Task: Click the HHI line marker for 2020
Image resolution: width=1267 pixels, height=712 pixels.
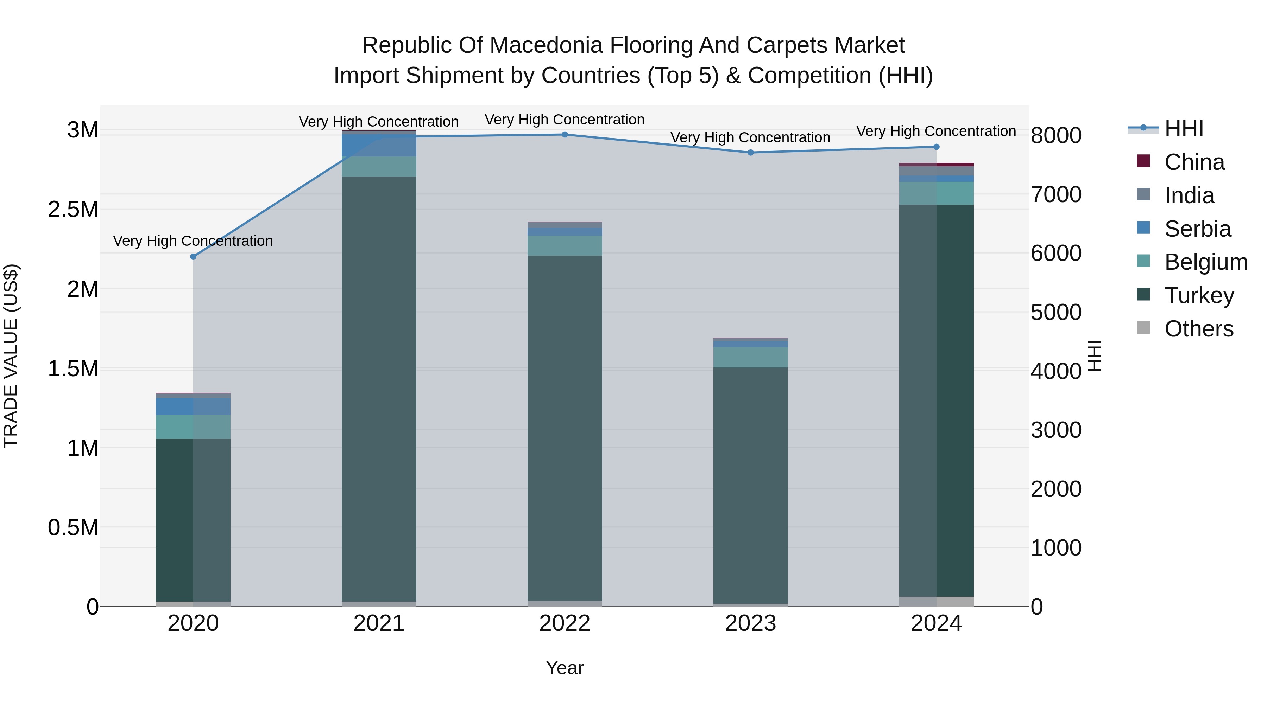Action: coord(193,257)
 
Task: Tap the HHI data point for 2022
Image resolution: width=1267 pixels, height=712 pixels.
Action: coord(565,135)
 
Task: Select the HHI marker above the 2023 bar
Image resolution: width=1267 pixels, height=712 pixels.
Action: coord(751,153)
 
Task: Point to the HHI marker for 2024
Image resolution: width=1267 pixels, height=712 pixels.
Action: coord(937,147)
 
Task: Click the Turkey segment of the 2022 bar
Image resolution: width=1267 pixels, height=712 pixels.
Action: coord(565,428)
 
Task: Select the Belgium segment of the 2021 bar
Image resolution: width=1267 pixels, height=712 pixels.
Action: coord(379,167)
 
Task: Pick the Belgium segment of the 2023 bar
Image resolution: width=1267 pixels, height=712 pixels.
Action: coord(751,357)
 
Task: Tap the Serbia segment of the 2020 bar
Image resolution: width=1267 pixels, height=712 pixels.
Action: coord(193,406)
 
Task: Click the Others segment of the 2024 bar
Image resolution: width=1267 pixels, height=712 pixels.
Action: coord(937,602)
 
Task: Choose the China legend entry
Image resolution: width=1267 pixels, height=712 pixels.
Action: coord(1194,162)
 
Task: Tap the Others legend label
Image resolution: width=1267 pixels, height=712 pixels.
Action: coord(1199,329)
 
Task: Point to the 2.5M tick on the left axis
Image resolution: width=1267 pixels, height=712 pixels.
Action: coord(73,209)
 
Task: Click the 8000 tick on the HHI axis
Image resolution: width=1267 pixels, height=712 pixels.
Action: coord(1056,136)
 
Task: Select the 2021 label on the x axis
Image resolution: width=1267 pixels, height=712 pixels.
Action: coord(379,623)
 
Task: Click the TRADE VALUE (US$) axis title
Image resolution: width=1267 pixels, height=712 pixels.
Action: coord(11,356)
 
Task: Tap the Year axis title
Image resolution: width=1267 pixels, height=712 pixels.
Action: coord(565,668)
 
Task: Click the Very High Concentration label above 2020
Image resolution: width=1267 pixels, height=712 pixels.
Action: coord(193,241)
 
